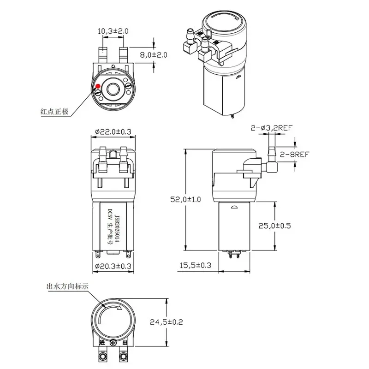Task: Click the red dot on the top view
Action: (98, 85)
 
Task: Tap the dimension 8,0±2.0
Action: (153, 54)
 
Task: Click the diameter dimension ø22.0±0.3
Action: (113, 132)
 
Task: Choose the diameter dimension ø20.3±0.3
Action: (113, 266)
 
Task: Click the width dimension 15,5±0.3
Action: (195, 265)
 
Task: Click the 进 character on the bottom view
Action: (101, 343)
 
